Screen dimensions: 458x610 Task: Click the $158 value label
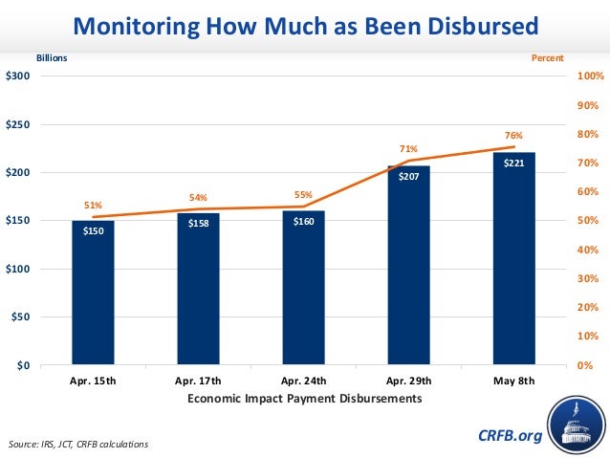198,225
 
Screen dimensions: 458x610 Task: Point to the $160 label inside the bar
303,222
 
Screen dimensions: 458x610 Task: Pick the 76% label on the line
513,137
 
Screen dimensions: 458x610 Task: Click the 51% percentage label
93,205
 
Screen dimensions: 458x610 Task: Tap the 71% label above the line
408,149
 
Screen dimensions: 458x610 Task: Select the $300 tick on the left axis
17,76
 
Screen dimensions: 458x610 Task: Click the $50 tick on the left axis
20,317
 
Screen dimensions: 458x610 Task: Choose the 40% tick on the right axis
587,251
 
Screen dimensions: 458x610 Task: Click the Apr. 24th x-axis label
303,381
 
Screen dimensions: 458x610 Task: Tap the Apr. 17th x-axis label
198,381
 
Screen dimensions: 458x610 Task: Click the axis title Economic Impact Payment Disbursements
303,399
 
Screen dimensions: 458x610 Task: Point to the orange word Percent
548,58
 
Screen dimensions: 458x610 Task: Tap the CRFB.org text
510,436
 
